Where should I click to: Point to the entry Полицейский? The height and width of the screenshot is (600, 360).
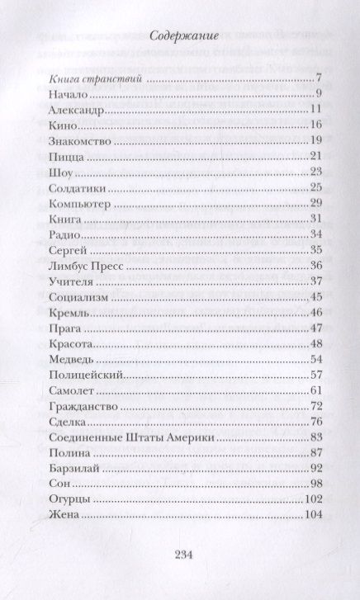pyautogui.click(x=80, y=375)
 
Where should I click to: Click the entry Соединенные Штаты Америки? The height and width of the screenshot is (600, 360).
pyautogui.click(x=125, y=437)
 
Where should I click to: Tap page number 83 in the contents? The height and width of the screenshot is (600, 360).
pyautogui.click(x=315, y=437)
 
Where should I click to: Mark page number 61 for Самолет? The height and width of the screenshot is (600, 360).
pyautogui.click(x=315, y=390)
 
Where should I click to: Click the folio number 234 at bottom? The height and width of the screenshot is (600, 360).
pyautogui.click(x=179, y=555)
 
